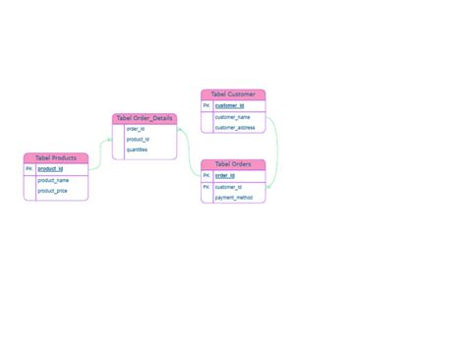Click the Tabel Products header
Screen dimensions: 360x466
(56, 157)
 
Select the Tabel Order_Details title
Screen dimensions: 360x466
(145, 118)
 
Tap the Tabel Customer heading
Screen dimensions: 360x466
(233, 94)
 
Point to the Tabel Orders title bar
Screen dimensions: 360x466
(233, 164)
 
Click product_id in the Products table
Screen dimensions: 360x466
(50, 169)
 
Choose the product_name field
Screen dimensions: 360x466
(53, 180)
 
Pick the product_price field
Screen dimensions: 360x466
(53, 191)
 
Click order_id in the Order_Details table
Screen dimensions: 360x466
(136, 129)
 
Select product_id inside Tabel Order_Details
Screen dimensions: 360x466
(138, 139)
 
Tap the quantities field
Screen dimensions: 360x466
(138, 150)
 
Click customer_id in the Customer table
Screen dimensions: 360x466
(229, 105)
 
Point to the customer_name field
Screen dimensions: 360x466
(233, 117)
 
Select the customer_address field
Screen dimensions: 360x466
(235, 128)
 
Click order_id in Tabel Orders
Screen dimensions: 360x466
(225, 176)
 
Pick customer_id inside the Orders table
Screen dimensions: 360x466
(229, 187)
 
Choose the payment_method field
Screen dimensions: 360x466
(234, 198)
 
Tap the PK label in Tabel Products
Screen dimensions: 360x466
(29, 169)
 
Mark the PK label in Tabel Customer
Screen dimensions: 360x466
(206, 105)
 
